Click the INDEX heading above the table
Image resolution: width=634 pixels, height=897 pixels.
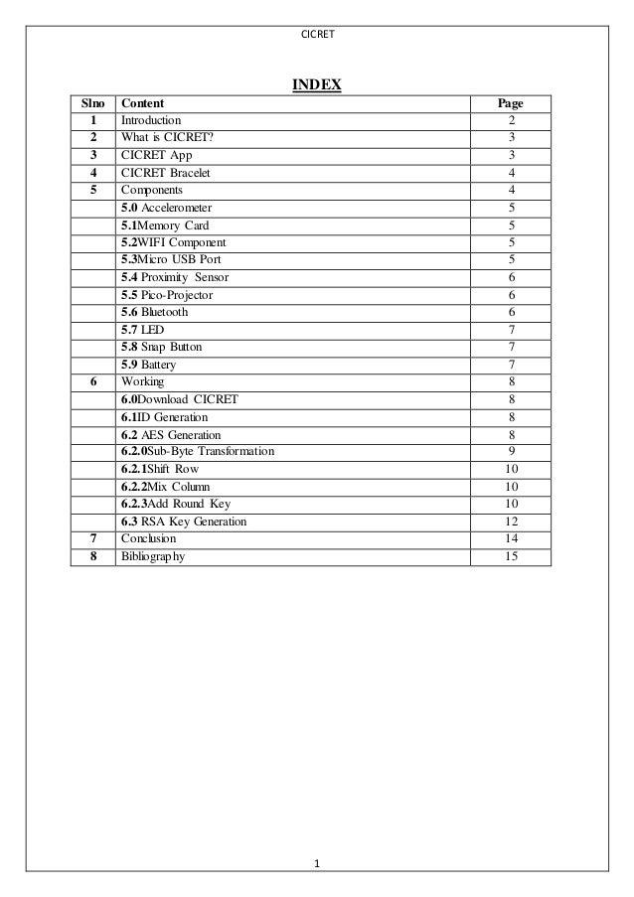316,84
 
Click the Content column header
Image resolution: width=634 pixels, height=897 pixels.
142,103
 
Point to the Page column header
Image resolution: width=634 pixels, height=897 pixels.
510,103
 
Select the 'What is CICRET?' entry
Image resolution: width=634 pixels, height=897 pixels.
166,138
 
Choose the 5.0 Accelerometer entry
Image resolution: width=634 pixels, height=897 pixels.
166,208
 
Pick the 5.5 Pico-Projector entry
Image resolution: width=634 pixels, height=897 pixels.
167,295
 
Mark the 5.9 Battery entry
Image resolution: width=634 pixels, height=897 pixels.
148,365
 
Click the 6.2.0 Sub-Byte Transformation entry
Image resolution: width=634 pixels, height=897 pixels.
197,452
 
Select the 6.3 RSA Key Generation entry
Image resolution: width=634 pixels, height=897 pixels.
184,522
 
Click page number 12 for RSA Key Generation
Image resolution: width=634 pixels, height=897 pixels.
511,522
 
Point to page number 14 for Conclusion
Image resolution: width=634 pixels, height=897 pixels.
511,538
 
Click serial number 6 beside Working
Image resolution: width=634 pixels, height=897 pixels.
92,381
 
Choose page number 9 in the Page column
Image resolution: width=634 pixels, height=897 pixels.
511,452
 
